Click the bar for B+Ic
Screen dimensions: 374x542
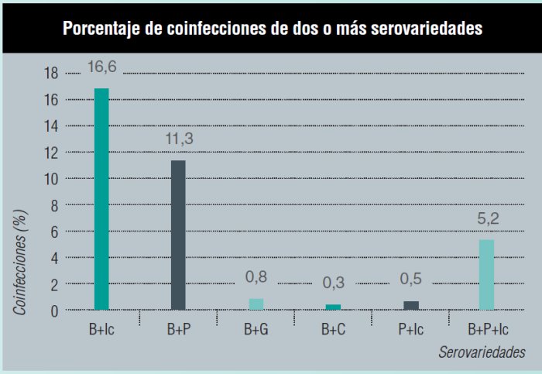coord(101,199)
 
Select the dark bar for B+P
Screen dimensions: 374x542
coord(178,235)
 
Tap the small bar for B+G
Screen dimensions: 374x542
coord(256,304)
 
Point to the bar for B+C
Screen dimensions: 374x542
coord(332,307)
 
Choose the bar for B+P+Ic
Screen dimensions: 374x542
coord(486,275)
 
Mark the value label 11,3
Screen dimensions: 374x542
coord(179,140)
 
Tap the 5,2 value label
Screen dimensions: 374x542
coord(486,219)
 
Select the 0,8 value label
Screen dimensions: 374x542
coord(256,276)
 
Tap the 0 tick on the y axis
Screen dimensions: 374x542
coord(54,311)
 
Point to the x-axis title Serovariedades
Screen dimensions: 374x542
coord(480,352)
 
